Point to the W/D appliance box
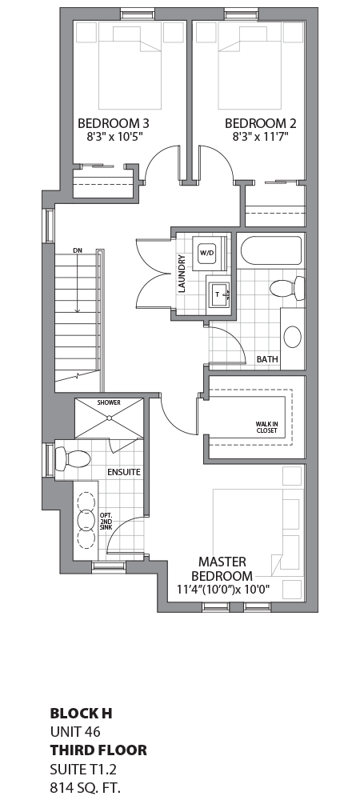pyautogui.click(x=207, y=253)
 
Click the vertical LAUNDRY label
pyautogui.click(x=182, y=274)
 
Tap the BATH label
pyautogui.click(x=267, y=360)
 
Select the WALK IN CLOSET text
pyautogui.click(x=266, y=427)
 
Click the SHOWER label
pyautogui.click(x=108, y=402)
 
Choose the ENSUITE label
pyautogui.click(x=123, y=472)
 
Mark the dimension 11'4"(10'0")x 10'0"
pyautogui.click(x=224, y=590)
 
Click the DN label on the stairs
pyautogui.click(x=78, y=250)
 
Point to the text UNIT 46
pyautogui.click(x=76, y=731)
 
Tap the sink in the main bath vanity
pyautogui.click(x=293, y=335)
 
